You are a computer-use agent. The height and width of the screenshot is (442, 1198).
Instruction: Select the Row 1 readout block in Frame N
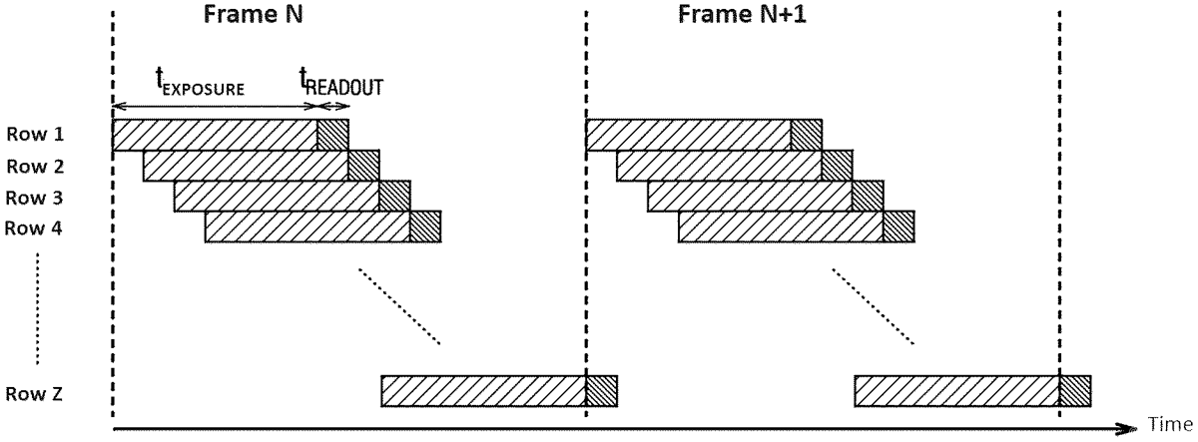point(332,135)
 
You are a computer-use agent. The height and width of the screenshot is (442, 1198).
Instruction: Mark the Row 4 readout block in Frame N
point(425,227)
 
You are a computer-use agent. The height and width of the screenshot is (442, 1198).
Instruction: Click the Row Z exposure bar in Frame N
point(483,391)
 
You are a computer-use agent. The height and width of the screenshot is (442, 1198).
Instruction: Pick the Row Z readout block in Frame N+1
point(1075,391)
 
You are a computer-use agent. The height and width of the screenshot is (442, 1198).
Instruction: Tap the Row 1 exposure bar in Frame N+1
point(688,135)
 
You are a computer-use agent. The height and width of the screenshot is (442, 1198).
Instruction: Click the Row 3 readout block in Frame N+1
point(868,197)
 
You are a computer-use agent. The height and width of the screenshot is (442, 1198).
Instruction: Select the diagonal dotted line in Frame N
point(399,306)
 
